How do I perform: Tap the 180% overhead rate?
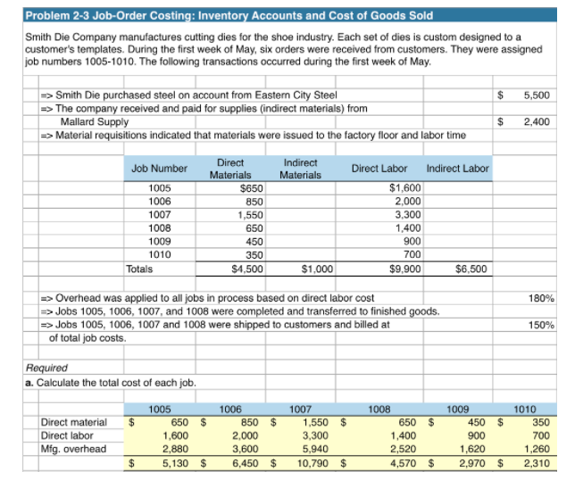542,297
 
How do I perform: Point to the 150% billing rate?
542,325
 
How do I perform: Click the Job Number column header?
159,169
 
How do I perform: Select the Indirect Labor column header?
458,169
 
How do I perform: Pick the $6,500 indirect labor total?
471,267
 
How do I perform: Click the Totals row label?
139,267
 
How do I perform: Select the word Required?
46,367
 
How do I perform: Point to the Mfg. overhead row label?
73,449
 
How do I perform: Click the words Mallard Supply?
94,122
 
